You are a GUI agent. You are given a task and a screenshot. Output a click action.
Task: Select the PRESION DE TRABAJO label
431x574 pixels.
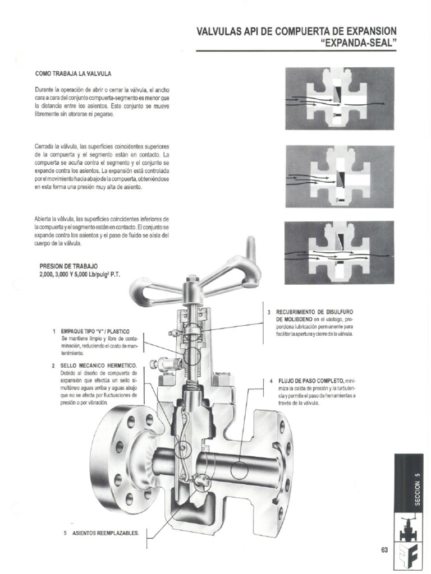point(68,266)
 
